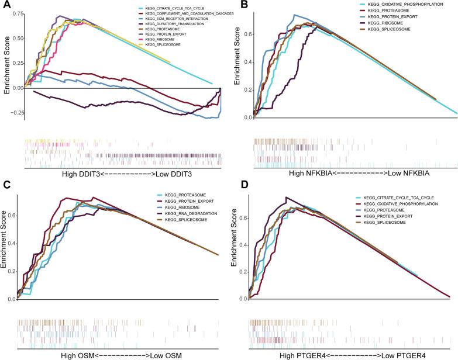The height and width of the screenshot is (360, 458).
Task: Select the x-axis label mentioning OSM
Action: coord(123,354)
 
